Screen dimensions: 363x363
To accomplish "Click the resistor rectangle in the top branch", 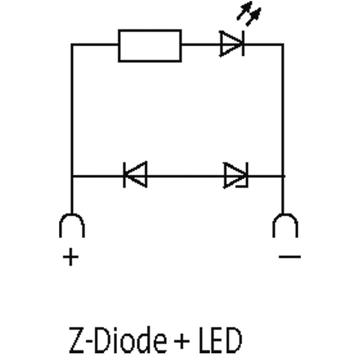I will point(150,45).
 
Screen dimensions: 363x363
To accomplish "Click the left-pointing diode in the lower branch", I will point(135,175).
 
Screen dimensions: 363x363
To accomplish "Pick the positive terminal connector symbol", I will point(72,225).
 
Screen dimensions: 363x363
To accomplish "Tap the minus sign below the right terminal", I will point(290,257).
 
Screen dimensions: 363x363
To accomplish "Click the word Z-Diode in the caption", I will point(114,341).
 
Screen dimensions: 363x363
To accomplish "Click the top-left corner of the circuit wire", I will point(72,44).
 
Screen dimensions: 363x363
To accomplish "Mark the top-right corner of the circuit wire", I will point(283,44).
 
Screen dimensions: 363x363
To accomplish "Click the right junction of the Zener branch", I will point(283,175).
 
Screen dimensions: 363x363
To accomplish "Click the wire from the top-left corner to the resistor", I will point(95,44).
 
